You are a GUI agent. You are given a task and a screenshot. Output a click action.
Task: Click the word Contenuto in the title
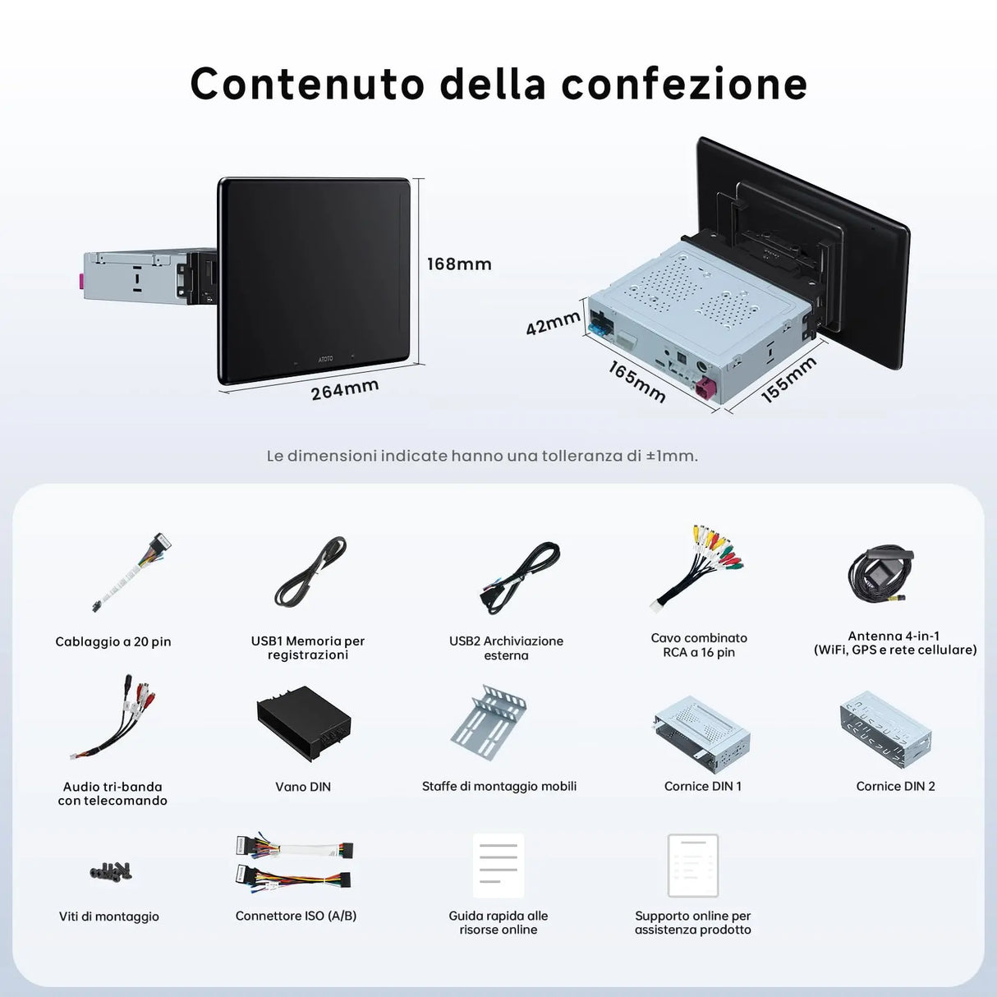click(x=308, y=84)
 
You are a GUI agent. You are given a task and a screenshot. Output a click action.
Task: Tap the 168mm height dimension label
click(x=459, y=264)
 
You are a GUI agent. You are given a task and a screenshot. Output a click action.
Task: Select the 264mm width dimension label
click(x=345, y=389)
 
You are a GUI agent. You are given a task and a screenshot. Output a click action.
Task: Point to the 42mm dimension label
click(x=553, y=323)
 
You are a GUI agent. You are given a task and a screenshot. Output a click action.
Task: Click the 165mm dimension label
click(x=637, y=382)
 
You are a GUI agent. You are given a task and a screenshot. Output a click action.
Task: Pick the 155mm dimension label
click(x=788, y=379)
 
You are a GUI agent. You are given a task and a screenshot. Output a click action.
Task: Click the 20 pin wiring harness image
click(x=131, y=571)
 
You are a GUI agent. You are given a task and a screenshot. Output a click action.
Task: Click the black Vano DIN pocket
click(x=304, y=723)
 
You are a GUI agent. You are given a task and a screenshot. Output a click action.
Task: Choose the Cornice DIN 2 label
click(x=895, y=786)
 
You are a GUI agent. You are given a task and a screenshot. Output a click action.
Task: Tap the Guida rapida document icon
click(x=498, y=866)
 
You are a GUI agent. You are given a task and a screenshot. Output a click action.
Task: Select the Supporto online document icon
click(x=693, y=866)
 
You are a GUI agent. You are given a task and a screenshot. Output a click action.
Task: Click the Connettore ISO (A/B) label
click(x=296, y=916)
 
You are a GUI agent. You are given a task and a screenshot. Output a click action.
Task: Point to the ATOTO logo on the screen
click(x=326, y=359)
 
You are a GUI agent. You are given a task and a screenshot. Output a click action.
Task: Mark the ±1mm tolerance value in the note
click(x=671, y=456)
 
